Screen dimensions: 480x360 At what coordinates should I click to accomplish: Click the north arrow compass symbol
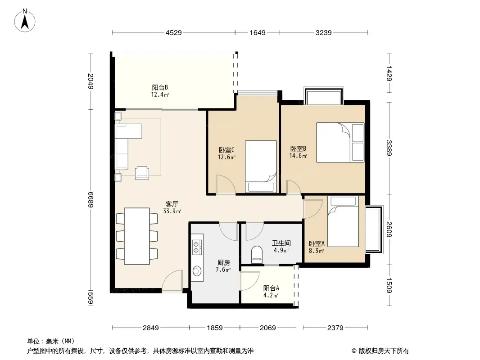25,21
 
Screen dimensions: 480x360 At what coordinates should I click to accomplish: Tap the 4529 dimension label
173,32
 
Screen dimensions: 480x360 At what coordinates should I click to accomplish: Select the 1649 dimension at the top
258,32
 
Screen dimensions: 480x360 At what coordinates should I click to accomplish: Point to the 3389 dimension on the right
389,148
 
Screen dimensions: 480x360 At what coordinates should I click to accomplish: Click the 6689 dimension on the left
91,199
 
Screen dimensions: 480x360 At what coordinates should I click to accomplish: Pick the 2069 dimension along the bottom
268,328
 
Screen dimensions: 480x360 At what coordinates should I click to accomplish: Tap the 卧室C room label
226,150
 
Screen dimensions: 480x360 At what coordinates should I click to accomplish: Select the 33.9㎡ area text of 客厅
172,211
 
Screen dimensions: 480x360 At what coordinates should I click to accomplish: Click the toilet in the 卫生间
257,255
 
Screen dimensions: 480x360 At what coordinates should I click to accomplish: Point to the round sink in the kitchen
197,271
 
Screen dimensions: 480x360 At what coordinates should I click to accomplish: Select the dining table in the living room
137,236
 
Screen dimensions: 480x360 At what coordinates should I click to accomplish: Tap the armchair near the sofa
142,172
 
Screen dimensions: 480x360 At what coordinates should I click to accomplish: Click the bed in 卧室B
340,142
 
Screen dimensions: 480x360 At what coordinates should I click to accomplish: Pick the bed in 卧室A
343,221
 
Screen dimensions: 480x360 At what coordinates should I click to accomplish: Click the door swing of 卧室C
226,184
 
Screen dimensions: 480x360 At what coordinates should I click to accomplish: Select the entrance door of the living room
172,281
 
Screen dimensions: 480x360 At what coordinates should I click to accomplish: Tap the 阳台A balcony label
271,288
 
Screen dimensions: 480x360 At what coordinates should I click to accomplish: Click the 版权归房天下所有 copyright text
380,351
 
